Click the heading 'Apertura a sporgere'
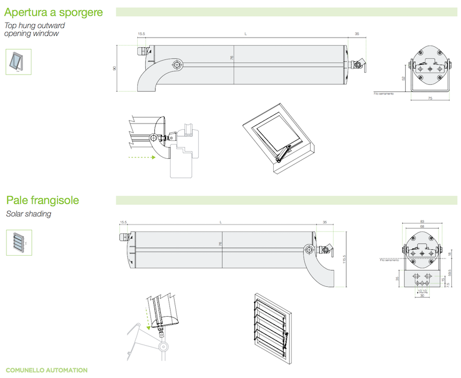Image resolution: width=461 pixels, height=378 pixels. point(54,12)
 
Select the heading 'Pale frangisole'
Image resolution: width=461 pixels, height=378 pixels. point(43,200)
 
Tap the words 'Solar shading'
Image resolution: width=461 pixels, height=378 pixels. point(28,214)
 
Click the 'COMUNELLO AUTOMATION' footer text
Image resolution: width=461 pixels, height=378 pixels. point(46,369)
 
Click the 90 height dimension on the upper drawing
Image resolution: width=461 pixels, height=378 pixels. point(115,68)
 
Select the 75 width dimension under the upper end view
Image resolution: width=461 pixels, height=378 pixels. point(430,99)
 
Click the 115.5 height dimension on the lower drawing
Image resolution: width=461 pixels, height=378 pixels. point(344,260)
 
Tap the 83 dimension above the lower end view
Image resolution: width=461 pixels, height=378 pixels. point(422,222)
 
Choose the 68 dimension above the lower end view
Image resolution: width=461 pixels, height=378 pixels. point(422,227)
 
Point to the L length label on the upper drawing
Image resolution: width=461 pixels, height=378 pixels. point(245,35)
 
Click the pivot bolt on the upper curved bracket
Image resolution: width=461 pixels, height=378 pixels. point(177,64)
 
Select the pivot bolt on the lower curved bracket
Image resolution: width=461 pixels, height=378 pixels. point(309,249)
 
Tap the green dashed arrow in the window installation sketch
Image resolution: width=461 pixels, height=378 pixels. point(141,156)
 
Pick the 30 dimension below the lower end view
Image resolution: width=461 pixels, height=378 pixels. point(422,296)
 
